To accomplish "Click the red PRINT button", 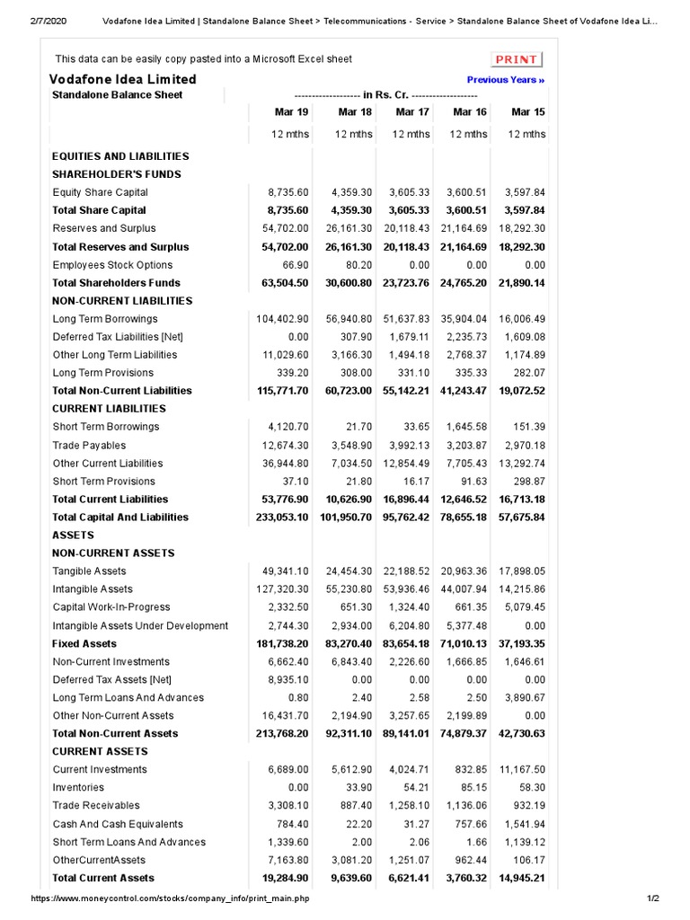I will [x=517, y=59].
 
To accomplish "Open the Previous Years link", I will [x=506, y=80].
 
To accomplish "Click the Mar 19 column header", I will [x=291, y=112].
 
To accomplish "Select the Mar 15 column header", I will [x=527, y=112].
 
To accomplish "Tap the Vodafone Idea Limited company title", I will [x=122, y=79].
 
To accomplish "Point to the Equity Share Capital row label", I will [x=100, y=192].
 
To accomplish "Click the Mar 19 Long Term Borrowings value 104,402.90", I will [x=282, y=319].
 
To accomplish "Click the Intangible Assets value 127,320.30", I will [x=282, y=589].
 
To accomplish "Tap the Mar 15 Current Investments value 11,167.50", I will [x=522, y=770].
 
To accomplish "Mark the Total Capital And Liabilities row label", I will [x=120, y=517].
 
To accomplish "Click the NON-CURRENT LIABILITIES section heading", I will [x=122, y=301].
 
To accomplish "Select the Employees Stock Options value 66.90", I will [x=295, y=265].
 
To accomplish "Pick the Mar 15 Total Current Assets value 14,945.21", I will [x=521, y=878].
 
